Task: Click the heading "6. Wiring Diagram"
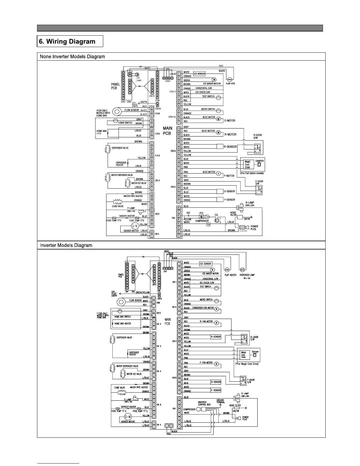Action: click(67, 41)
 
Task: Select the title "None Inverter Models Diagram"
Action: click(72, 56)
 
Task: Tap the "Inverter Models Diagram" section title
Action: click(66, 245)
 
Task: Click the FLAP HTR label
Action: click(230, 84)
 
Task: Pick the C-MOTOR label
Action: click(230, 121)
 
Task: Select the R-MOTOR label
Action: click(230, 134)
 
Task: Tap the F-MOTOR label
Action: click(229, 176)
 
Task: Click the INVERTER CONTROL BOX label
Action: click(202, 403)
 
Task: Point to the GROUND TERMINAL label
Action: click(220, 401)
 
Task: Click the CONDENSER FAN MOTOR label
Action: click(203, 308)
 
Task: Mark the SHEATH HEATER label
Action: click(127, 216)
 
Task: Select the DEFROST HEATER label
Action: click(129, 407)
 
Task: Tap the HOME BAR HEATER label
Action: click(123, 324)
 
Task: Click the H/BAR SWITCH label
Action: click(125, 123)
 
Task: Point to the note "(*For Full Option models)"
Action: click(252, 173)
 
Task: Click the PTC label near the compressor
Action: click(201, 213)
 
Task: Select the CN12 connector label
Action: click(159, 313)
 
